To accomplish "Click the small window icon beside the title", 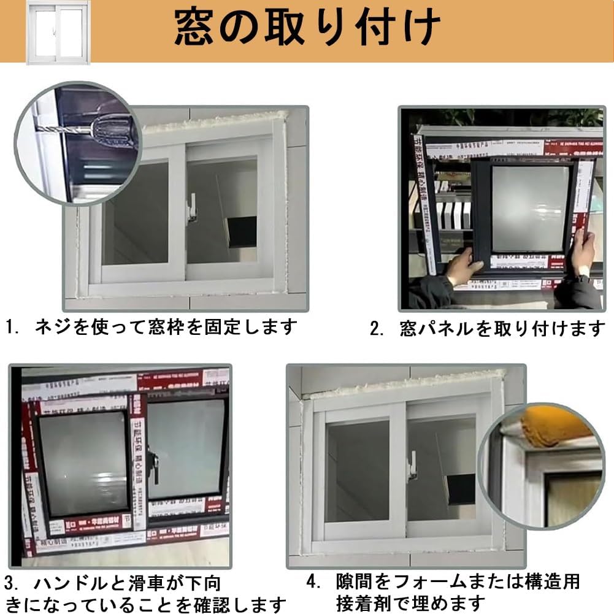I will pyautogui.click(x=58, y=33).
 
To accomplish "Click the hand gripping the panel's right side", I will pyautogui.click(x=582, y=251).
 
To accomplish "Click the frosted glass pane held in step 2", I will pyautogui.click(x=530, y=208).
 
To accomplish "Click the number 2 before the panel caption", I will pyautogui.click(x=376, y=329).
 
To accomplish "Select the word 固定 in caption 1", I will pyautogui.click(x=228, y=326).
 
